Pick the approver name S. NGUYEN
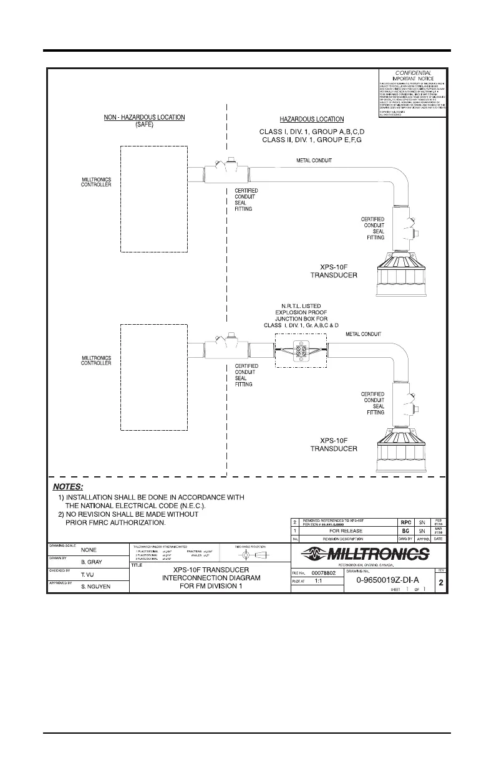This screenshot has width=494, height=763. [x=95, y=586]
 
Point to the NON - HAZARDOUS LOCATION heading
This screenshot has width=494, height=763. [x=144, y=117]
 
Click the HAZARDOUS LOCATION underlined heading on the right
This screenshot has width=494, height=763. [x=312, y=119]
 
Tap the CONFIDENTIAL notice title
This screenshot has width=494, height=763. [x=414, y=73]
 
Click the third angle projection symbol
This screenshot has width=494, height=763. [x=252, y=554]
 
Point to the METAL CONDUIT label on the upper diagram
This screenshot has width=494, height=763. [x=314, y=160]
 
